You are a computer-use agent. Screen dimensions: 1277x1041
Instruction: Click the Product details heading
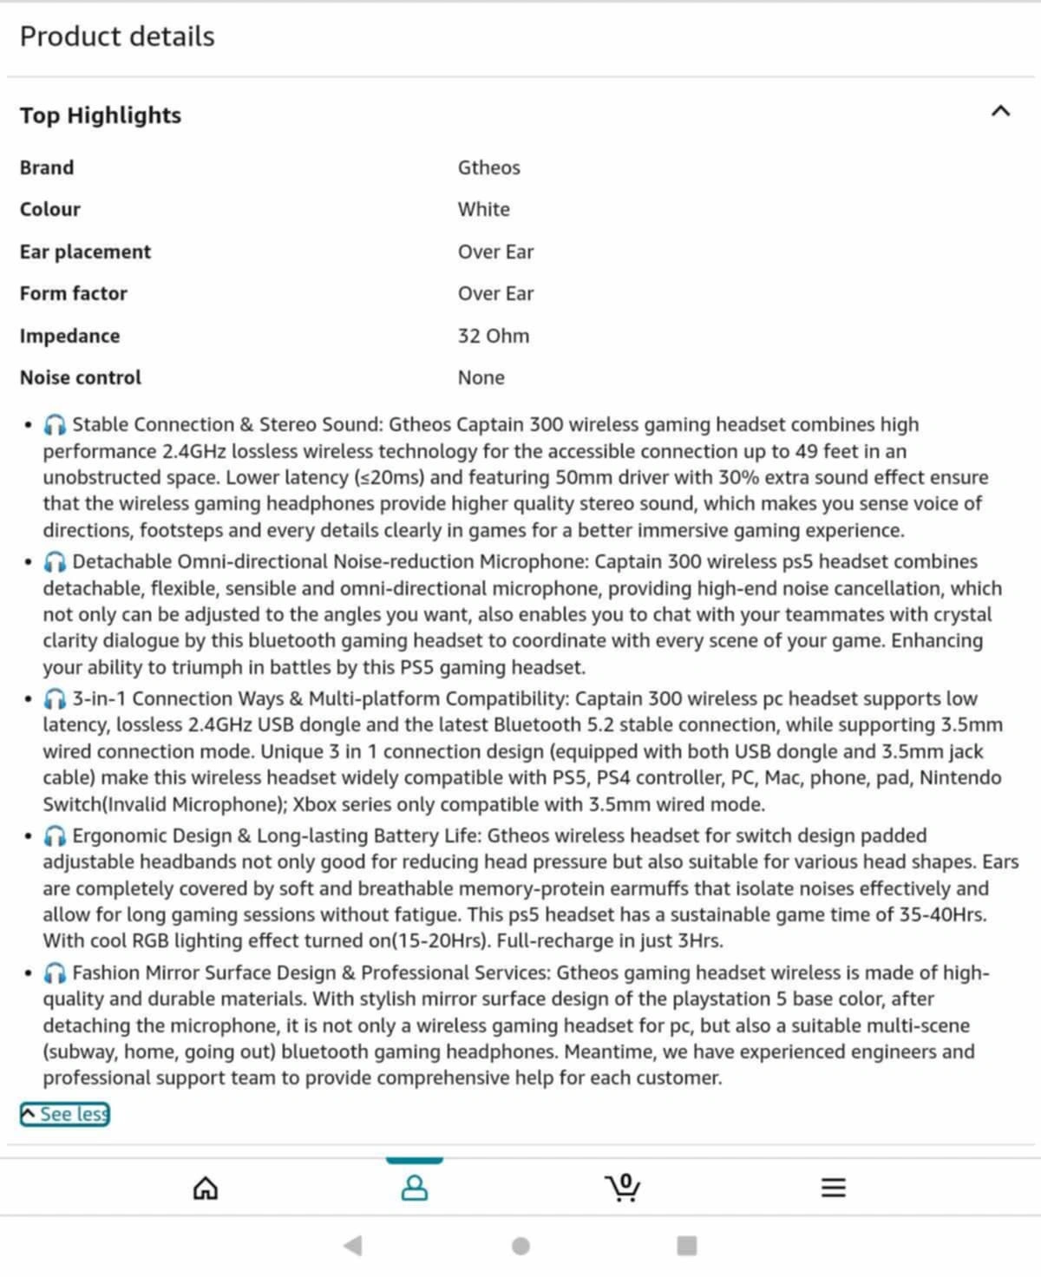click(x=117, y=36)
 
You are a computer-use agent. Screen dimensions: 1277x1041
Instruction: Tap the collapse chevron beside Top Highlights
click(x=1000, y=111)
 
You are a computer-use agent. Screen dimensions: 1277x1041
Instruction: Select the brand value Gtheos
click(x=488, y=167)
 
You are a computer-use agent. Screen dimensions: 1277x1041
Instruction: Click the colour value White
click(x=483, y=209)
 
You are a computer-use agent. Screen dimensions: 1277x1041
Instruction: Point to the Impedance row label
click(x=69, y=336)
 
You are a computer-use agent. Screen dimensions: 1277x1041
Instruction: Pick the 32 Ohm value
click(x=493, y=336)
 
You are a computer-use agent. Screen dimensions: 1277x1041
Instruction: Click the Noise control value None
click(x=481, y=377)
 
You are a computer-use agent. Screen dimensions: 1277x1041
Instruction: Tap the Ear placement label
click(x=85, y=252)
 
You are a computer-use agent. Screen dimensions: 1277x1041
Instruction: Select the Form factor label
click(x=73, y=293)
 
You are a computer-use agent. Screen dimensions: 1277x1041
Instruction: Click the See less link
click(x=65, y=1114)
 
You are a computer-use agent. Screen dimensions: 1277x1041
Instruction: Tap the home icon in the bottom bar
click(x=206, y=1188)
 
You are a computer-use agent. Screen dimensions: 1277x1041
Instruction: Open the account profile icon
click(x=415, y=1188)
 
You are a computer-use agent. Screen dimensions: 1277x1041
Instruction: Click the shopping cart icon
click(x=623, y=1187)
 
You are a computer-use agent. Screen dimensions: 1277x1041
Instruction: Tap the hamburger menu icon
click(x=833, y=1188)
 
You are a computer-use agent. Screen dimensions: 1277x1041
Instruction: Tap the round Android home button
click(x=520, y=1246)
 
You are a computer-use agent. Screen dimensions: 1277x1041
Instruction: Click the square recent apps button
click(x=686, y=1246)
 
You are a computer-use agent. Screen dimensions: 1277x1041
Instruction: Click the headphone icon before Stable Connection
click(x=55, y=425)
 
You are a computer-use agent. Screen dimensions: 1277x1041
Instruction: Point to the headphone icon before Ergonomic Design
click(x=55, y=836)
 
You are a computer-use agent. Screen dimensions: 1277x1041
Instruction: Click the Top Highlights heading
click(x=101, y=115)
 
